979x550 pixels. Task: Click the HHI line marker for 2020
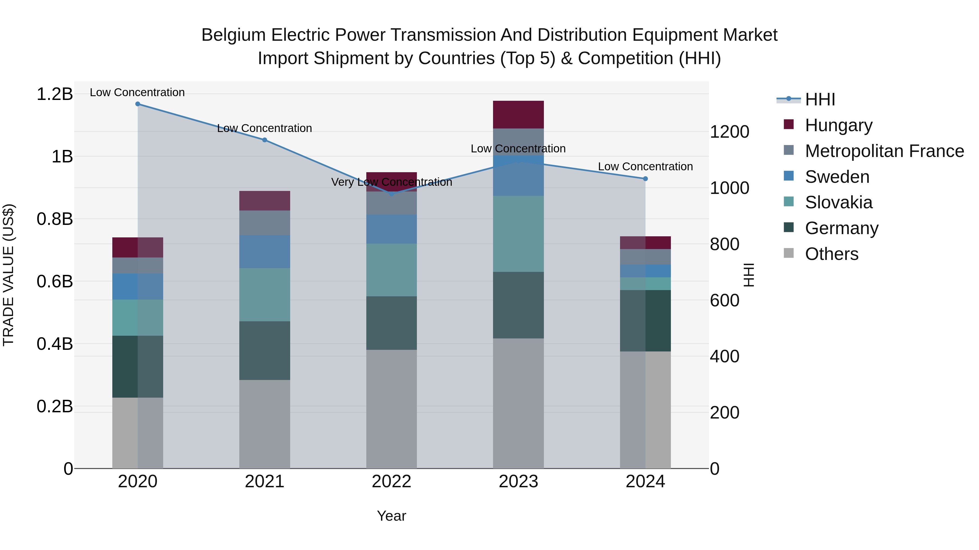click(x=138, y=104)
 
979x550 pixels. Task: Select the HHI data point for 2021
click(x=265, y=140)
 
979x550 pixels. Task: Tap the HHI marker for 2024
click(x=645, y=178)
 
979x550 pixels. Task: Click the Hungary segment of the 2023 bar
click(x=518, y=115)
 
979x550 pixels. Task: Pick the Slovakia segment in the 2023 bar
click(x=518, y=234)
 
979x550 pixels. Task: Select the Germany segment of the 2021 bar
click(x=265, y=351)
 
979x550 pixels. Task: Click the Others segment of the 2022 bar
click(x=391, y=409)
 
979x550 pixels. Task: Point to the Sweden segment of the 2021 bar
click(x=265, y=252)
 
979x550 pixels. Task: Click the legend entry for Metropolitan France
click(x=884, y=151)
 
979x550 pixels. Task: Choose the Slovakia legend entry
click(x=838, y=202)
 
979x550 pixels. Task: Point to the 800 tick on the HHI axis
click(x=724, y=244)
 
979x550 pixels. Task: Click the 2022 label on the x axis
click(x=391, y=482)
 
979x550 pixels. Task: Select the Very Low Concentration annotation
click(x=391, y=182)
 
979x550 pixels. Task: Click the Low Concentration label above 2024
click(x=645, y=167)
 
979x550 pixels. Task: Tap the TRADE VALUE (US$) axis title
click(x=8, y=275)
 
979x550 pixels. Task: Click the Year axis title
click(x=391, y=516)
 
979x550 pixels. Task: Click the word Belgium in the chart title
click(x=233, y=35)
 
